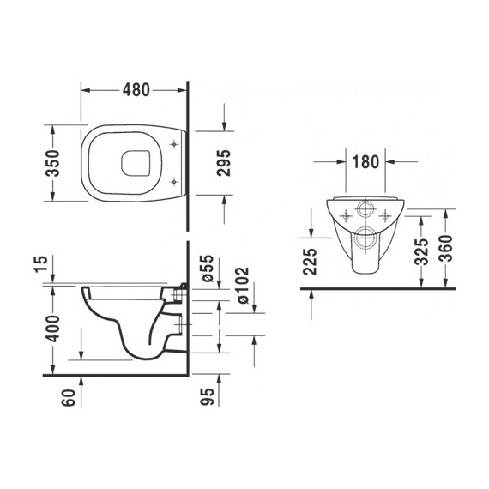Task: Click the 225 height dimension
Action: point(311,258)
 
